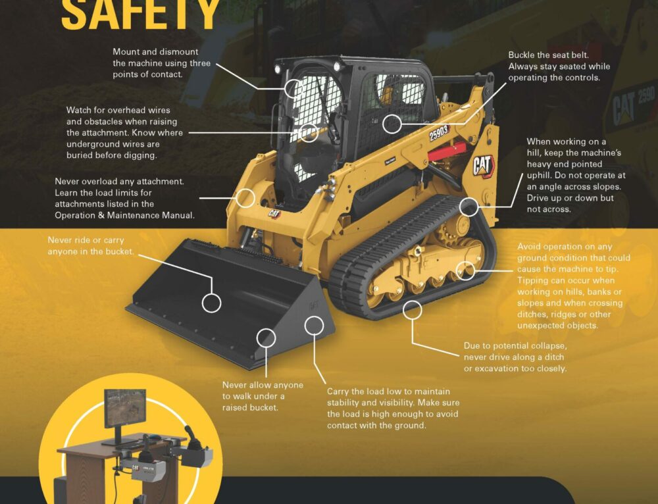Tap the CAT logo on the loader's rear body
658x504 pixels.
(x=482, y=166)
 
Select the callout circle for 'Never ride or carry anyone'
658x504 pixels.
(x=211, y=303)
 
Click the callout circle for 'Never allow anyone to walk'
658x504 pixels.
(x=266, y=338)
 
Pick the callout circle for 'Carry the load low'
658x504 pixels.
(x=315, y=324)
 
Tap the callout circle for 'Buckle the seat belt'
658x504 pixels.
(x=392, y=122)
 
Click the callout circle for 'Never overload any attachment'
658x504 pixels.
(x=246, y=197)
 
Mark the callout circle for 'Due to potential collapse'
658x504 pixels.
(x=413, y=309)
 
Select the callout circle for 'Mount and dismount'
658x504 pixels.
(x=293, y=88)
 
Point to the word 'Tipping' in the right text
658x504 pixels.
(x=534, y=280)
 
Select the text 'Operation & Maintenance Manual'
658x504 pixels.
(x=124, y=215)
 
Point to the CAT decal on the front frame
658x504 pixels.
(x=273, y=213)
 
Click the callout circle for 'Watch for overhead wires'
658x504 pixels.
(x=309, y=133)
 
